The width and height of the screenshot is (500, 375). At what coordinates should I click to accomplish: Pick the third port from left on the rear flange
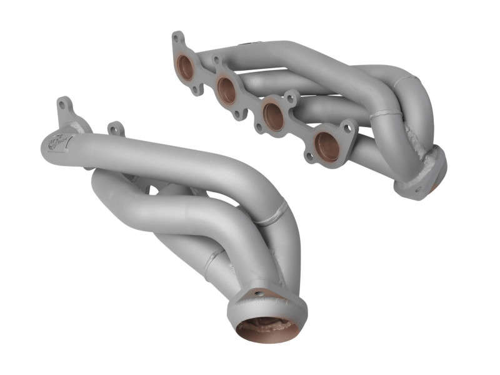tap(272, 115)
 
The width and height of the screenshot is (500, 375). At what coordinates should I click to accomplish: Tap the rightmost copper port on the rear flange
tap(327, 145)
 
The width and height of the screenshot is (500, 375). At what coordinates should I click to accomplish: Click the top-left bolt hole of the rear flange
tap(177, 38)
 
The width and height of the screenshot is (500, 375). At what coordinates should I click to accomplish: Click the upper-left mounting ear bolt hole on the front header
tap(63, 104)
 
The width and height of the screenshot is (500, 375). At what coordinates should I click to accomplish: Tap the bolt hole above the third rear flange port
tap(291, 98)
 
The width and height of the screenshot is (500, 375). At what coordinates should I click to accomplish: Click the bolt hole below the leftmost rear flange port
tap(196, 90)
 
